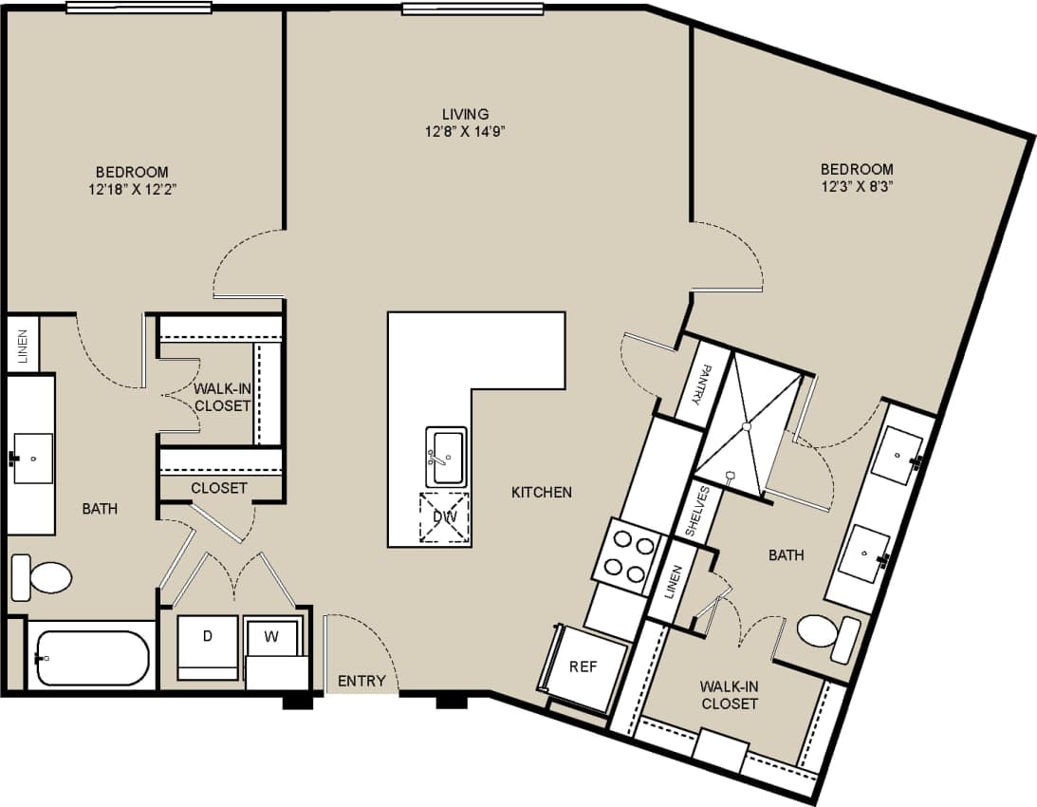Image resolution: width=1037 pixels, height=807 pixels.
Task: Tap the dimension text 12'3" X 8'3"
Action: click(857, 187)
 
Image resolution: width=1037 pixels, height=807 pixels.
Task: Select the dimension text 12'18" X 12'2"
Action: click(132, 189)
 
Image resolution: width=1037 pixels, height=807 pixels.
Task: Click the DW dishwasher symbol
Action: click(445, 517)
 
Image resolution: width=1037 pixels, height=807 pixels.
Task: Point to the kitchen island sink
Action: click(446, 457)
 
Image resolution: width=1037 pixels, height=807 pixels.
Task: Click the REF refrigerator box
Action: click(583, 667)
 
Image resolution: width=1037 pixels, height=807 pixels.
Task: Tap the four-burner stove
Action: click(627, 556)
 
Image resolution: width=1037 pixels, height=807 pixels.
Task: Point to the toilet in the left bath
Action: click(43, 575)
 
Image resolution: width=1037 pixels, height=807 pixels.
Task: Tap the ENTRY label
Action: click(361, 681)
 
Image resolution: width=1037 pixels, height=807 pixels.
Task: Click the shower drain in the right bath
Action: click(747, 427)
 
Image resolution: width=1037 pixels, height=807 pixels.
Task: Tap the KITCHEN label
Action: click(542, 492)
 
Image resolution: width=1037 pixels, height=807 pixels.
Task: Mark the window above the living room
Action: click(472, 9)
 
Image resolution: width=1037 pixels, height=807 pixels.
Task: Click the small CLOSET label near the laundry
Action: click(219, 488)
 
